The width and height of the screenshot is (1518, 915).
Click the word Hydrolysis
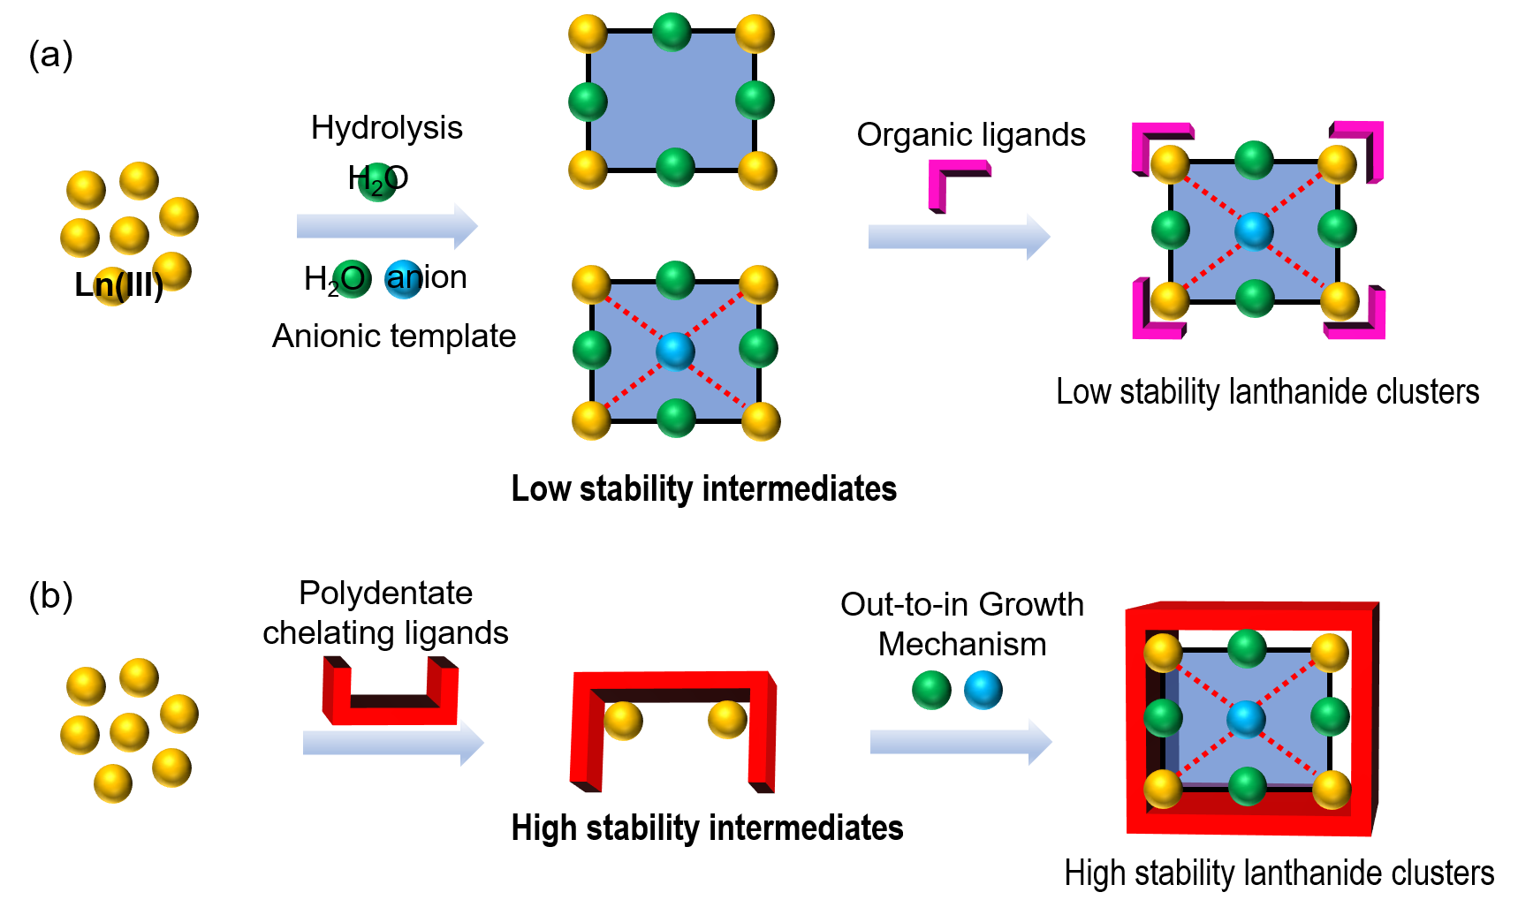coord(386,128)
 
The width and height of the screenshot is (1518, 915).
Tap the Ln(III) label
coord(118,285)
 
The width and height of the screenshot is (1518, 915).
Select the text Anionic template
coord(393,337)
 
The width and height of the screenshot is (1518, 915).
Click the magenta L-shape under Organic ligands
coord(956,183)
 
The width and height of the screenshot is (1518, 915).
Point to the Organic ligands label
coord(970,135)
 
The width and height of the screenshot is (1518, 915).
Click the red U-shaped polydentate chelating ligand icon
coord(390,693)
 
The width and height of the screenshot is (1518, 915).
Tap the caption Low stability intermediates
coord(703,488)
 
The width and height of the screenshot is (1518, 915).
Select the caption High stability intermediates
coord(707,828)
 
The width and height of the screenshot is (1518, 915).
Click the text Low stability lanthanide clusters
coord(1267,392)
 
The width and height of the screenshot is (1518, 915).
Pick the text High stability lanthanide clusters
coord(1279,873)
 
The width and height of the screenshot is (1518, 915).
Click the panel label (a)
coord(50,55)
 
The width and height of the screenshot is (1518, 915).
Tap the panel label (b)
coord(50,596)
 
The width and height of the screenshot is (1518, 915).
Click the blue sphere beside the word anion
coord(403,279)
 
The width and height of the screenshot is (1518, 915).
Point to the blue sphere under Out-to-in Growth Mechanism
coord(983,690)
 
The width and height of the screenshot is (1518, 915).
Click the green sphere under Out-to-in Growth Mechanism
coord(931,690)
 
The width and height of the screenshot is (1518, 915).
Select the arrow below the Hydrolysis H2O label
coord(386,226)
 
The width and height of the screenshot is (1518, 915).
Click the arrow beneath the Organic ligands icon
coord(958,237)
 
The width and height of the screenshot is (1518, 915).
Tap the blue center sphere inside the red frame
coord(1246,719)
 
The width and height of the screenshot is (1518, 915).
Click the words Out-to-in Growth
coord(961,605)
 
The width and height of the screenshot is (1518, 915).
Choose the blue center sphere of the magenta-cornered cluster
coord(1253,231)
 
